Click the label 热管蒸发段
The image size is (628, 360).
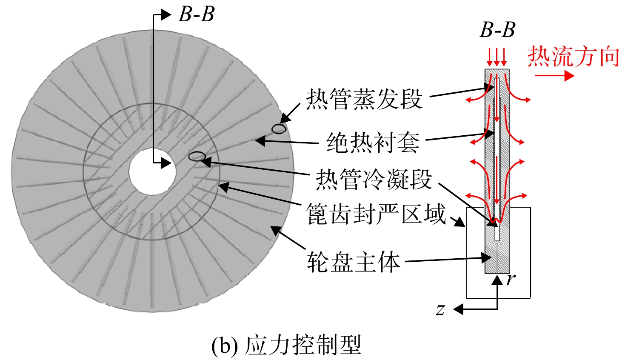pos(364,99)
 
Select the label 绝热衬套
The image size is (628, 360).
pos(373,143)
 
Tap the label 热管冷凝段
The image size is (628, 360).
pos(374,179)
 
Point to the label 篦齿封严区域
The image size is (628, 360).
pos(376,214)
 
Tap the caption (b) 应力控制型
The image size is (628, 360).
pos(286,345)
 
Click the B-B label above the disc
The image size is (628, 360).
pos(196,14)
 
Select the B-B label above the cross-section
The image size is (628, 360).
pos(497,30)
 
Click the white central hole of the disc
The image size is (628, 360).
pos(152,171)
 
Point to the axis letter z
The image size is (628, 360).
pos(440,310)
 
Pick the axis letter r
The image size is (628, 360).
pos(511,279)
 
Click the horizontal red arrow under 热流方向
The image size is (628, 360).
pos(554,75)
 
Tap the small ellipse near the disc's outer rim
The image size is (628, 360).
pos(279,129)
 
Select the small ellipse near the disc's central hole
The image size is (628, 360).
pos(197,156)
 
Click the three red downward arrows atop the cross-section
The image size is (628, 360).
pos(497,57)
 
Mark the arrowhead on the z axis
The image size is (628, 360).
pos(458,309)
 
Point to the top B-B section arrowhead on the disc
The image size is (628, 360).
pos(166,14)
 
